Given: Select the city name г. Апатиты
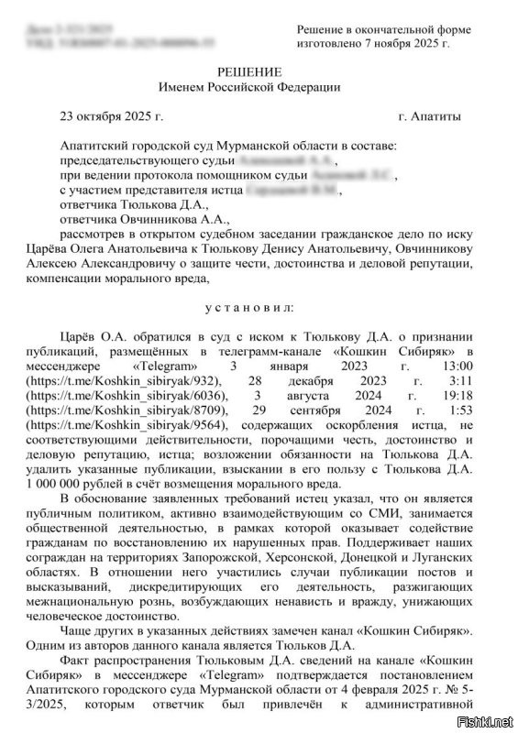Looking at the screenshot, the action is [x=430, y=117].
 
